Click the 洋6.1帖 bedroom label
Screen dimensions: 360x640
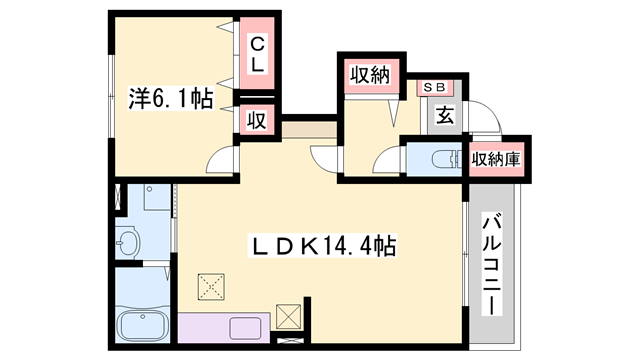(x=170, y=101)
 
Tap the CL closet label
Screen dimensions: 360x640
(x=257, y=54)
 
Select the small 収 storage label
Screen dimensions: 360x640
(x=256, y=121)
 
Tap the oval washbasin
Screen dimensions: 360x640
(x=127, y=242)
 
